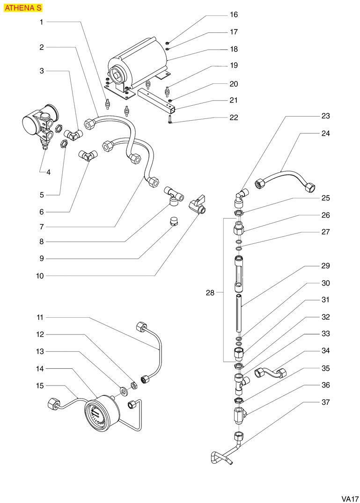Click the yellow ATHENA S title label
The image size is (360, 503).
point(23,8)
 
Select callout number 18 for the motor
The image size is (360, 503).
point(234,49)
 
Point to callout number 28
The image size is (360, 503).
point(210,293)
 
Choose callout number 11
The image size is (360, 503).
point(40,317)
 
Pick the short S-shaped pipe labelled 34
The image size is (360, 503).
point(270,373)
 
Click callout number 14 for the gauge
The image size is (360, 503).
point(40,369)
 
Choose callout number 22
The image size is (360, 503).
point(234,117)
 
